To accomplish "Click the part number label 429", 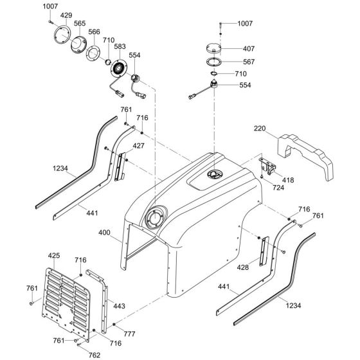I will coord(66,15).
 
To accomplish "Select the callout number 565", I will coord(80,24).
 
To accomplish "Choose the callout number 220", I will coord(260,129).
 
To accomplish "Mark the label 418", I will coord(287,181).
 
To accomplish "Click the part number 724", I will coord(278,188).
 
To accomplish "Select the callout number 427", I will coord(138,147).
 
